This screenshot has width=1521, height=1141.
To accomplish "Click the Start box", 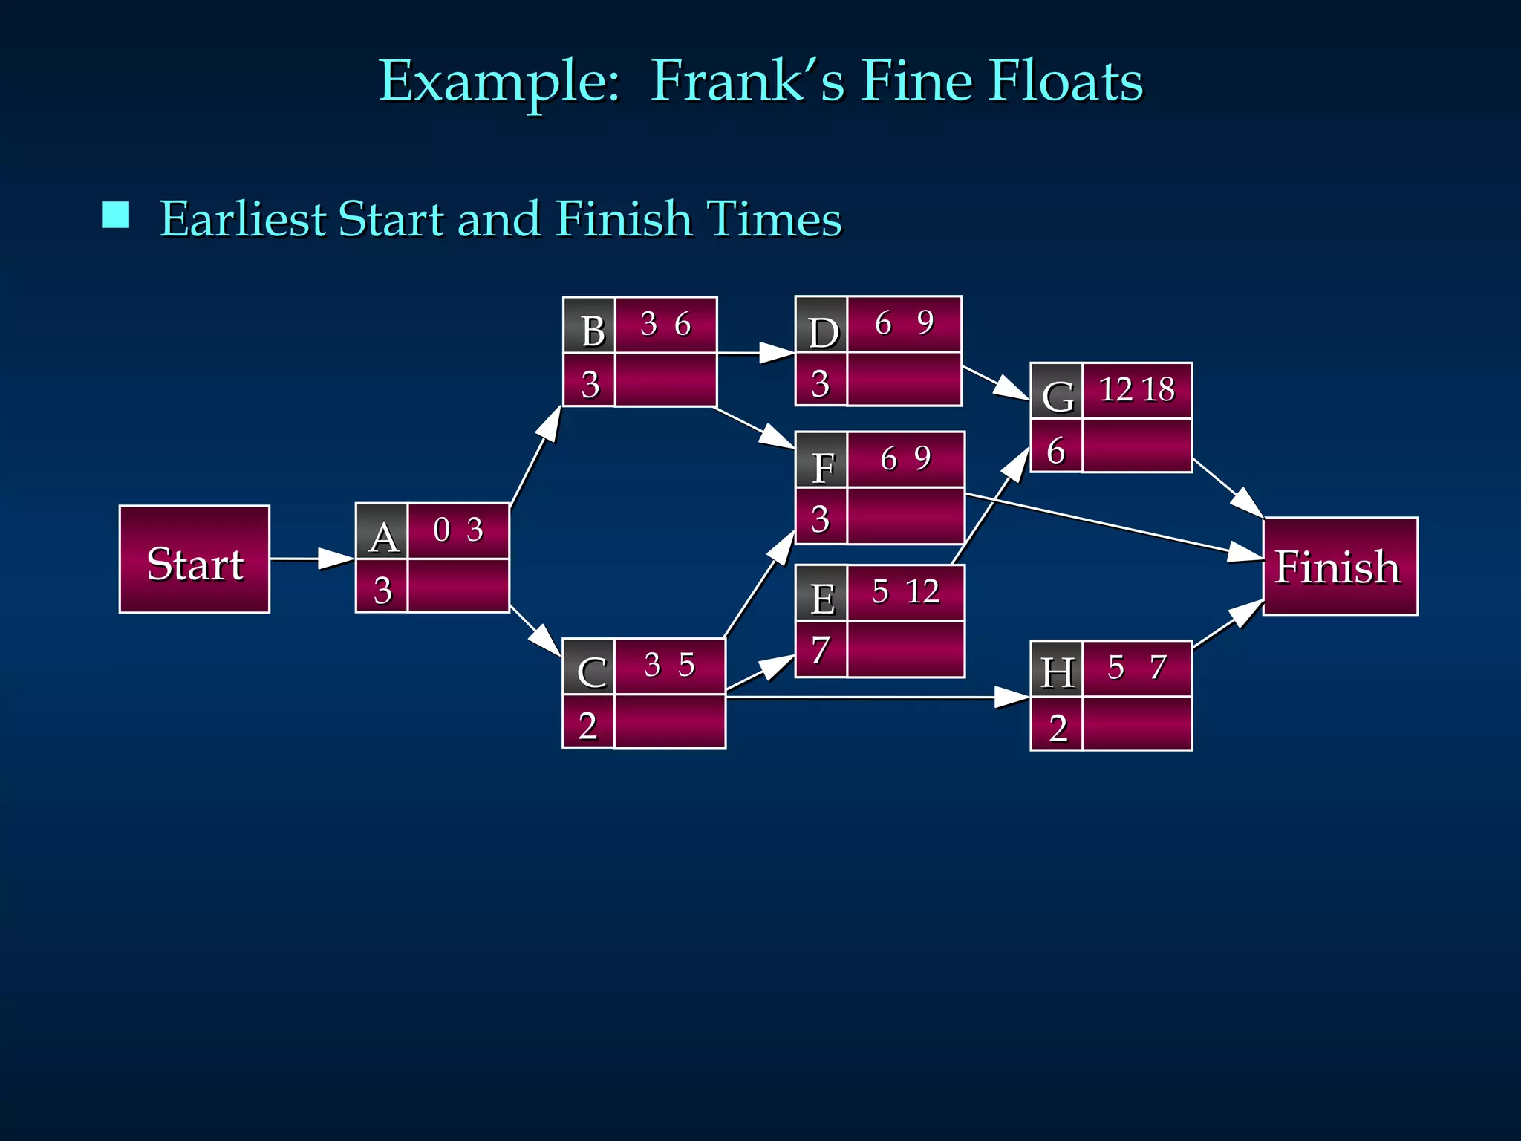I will (195, 560).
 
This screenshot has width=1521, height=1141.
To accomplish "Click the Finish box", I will (1339, 567).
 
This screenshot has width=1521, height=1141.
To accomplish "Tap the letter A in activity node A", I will (383, 537).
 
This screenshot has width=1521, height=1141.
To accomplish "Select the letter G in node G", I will (1058, 397).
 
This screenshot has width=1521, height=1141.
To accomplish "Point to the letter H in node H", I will (1058, 673).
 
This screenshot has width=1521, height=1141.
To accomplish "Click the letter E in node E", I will (822, 599).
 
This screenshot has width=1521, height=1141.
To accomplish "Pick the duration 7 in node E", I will (821, 650).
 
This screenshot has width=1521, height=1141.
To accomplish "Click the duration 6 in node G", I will (1055, 451).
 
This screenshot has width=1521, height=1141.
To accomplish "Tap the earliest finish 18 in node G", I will (1159, 389).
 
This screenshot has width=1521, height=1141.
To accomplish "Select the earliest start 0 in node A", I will (441, 530).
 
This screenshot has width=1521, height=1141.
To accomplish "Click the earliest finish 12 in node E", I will (923, 592).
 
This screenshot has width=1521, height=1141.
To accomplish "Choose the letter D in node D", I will (823, 332).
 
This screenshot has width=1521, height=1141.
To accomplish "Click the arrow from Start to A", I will (312, 559).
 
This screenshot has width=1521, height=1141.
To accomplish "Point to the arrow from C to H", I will (876, 698).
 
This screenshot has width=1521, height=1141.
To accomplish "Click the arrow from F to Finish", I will (1114, 526).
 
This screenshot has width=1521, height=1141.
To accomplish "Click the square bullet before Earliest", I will (116, 215).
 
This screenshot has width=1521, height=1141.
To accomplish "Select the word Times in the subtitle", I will (774, 219).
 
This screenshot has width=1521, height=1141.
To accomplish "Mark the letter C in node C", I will (591, 672).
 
